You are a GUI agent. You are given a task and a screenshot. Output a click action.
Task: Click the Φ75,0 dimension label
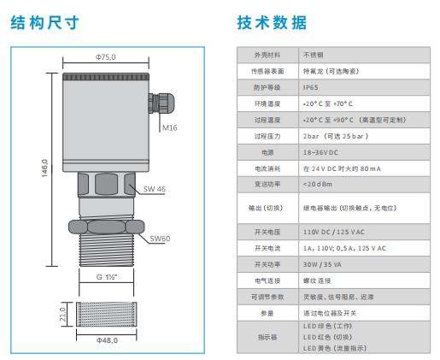tap(106, 57)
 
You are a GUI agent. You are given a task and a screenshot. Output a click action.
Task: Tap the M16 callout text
tap(169, 127)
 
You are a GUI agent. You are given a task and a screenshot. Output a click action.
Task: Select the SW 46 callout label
tap(155, 189)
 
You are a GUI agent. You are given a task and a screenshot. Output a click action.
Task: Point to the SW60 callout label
tap(160, 239)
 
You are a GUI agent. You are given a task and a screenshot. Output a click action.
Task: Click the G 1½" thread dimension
tap(107, 277)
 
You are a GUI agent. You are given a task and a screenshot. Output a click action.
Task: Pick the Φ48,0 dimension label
tap(107, 340)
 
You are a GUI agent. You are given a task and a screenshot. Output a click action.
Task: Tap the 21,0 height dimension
tap(62, 314)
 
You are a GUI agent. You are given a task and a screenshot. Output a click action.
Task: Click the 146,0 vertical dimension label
tap(45, 168)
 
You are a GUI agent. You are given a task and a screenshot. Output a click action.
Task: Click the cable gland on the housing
tap(161, 103)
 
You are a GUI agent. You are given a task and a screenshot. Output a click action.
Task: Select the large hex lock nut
tap(106, 227)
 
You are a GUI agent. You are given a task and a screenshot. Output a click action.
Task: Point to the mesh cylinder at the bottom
tap(107, 314)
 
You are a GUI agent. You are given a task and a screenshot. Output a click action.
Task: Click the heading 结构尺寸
tap(44, 23)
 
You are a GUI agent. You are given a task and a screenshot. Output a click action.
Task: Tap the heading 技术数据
tap(272, 23)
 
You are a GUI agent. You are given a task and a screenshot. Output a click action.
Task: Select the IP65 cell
tap(311, 87)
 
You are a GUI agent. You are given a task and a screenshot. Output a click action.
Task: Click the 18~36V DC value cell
tap(320, 152)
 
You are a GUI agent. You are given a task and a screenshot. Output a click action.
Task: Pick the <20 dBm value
tap(318, 185)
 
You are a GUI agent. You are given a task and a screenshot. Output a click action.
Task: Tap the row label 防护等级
tap(267, 87)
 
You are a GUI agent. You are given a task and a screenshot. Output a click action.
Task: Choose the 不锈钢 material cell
tap(313, 55)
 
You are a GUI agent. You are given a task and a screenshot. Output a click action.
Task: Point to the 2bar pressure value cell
tap(336, 136)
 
